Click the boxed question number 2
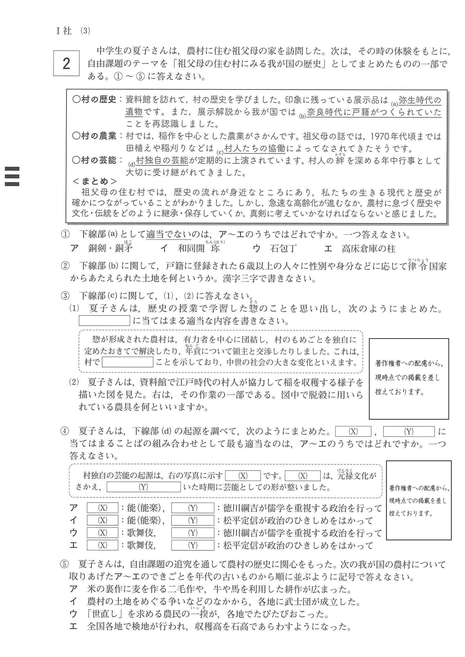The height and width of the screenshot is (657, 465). click(66, 63)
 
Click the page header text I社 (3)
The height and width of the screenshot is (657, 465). click(73, 31)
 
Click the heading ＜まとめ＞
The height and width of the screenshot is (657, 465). click(94, 181)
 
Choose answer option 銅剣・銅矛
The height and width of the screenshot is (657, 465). click(110, 248)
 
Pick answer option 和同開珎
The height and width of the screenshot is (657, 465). click(199, 248)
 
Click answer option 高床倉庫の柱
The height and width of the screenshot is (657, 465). click(368, 249)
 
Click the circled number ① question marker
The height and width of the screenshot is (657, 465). click(65, 235)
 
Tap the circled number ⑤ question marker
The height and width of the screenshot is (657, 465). click(64, 564)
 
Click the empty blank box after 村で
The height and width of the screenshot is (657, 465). click(127, 362)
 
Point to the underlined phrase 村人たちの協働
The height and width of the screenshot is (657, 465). click(255, 148)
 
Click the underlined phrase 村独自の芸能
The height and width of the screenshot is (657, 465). click(162, 160)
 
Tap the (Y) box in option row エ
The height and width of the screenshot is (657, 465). click(192, 545)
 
